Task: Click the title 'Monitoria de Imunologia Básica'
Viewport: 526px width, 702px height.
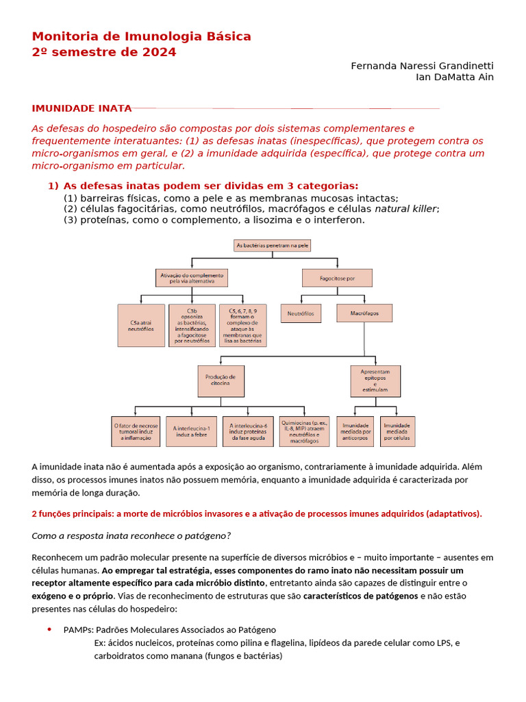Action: click(x=142, y=36)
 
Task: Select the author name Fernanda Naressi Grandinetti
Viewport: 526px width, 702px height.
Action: click(x=422, y=66)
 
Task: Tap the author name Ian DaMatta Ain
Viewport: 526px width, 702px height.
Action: click(x=455, y=77)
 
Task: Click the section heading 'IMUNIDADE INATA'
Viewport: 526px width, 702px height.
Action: click(x=82, y=108)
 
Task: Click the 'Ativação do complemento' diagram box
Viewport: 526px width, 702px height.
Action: click(x=192, y=278)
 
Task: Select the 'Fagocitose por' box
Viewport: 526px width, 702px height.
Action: click(x=337, y=278)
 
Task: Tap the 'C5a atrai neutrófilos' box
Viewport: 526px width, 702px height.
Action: click(x=141, y=326)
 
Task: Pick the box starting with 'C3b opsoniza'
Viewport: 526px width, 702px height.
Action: click(x=192, y=326)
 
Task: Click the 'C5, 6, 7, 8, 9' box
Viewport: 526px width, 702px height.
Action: click(x=242, y=326)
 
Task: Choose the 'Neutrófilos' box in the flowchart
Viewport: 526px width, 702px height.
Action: click(x=301, y=313)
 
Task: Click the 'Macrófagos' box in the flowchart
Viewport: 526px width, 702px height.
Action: click(x=364, y=313)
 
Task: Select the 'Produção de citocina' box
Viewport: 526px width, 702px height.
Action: click(x=221, y=381)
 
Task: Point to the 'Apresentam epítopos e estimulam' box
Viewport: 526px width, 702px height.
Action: click(x=375, y=381)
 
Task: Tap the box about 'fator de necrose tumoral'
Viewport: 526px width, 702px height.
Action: click(x=136, y=431)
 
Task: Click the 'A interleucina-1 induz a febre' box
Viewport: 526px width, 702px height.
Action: click(x=192, y=431)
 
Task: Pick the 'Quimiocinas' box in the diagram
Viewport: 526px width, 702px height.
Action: click(x=305, y=431)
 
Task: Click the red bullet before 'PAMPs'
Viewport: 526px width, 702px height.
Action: click(x=49, y=629)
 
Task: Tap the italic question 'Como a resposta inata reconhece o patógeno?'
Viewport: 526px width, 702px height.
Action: click(x=131, y=536)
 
